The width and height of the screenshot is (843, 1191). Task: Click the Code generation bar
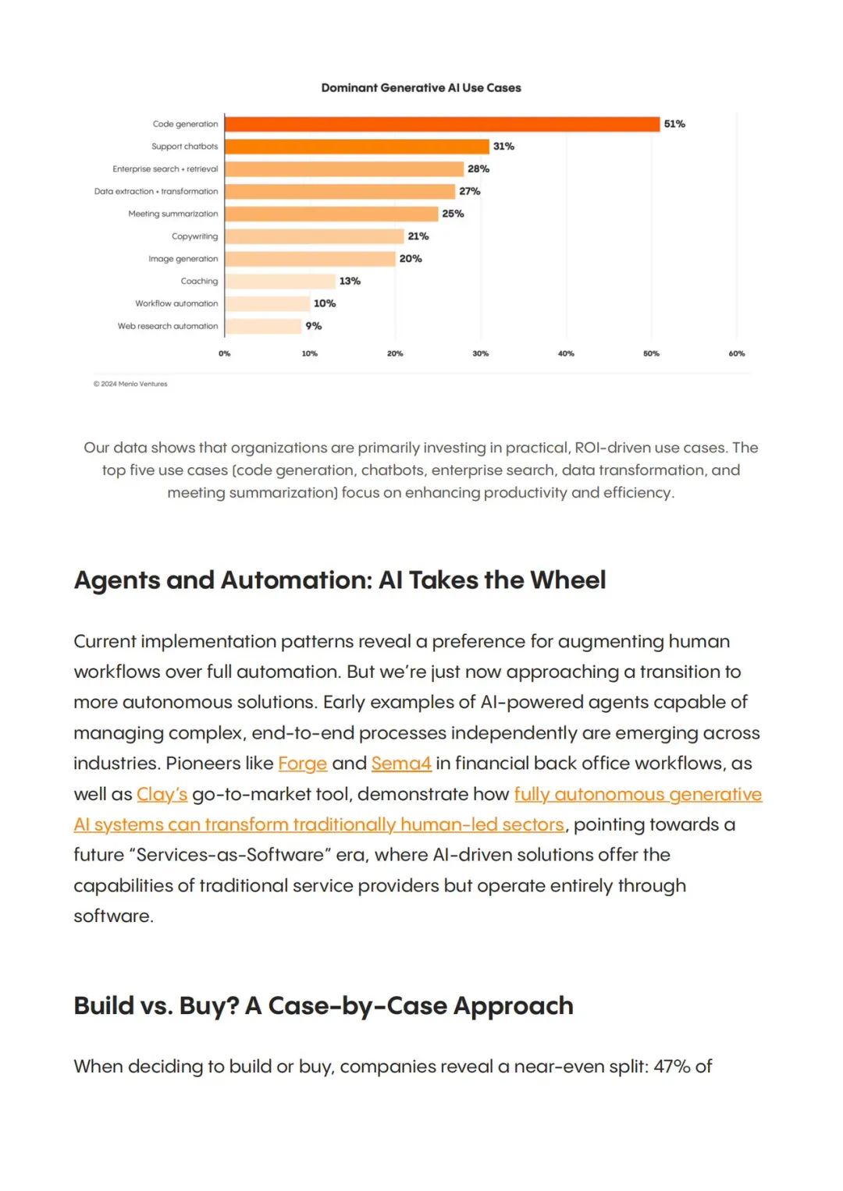tap(443, 124)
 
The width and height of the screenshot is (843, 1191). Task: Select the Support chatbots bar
tap(357, 146)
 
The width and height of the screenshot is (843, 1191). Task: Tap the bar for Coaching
tap(280, 282)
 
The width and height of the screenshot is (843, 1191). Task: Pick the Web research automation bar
tap(263, 326)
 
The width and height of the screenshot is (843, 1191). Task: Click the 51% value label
tap(674, 124)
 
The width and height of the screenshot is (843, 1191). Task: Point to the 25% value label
tap(453, 214)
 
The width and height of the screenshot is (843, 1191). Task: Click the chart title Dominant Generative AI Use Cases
tap(421, 87)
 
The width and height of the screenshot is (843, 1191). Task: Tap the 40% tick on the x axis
tap(566, 353)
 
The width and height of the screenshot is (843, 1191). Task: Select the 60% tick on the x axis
tap(737, 353)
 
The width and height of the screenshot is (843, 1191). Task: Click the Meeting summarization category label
tap(173, 214)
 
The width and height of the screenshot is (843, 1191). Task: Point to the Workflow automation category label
tap(176, 303)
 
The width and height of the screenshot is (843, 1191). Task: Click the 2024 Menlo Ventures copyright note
tap(130, 384)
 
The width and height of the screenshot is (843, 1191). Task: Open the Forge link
tap(302, 764)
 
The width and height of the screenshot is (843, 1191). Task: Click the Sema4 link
tap(401, 764)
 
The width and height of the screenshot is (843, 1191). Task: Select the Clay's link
tap(162, 794)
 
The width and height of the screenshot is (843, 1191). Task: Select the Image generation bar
tap(310, 259)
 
